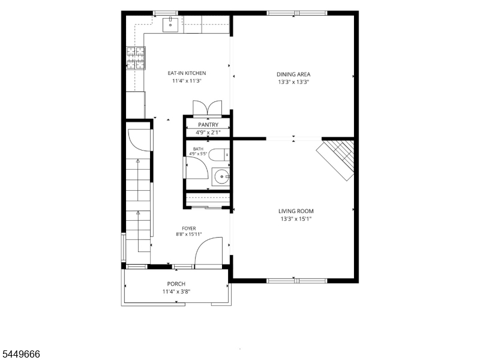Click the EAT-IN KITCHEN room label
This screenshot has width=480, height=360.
187,73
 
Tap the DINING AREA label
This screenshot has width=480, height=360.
293,74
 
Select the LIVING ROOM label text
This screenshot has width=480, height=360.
296,211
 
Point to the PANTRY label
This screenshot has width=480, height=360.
208,125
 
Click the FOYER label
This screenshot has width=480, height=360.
189,229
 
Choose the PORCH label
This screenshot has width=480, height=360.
176,284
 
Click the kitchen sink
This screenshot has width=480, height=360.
170,25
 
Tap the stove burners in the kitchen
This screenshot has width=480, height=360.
136,58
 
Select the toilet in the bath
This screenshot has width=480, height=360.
219,155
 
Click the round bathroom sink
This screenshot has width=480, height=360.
221,176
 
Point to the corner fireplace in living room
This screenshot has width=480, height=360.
335,160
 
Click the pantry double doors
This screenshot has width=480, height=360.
207,108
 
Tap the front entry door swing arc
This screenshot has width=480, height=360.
208,253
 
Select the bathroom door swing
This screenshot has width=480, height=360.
197,167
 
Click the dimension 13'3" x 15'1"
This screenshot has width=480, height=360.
296,219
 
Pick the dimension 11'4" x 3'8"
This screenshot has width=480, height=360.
176,292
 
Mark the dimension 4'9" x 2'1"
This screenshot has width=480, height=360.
208,133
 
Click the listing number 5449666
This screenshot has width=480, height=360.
20,354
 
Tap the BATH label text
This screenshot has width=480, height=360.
198,149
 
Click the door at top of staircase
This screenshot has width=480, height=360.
140,140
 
